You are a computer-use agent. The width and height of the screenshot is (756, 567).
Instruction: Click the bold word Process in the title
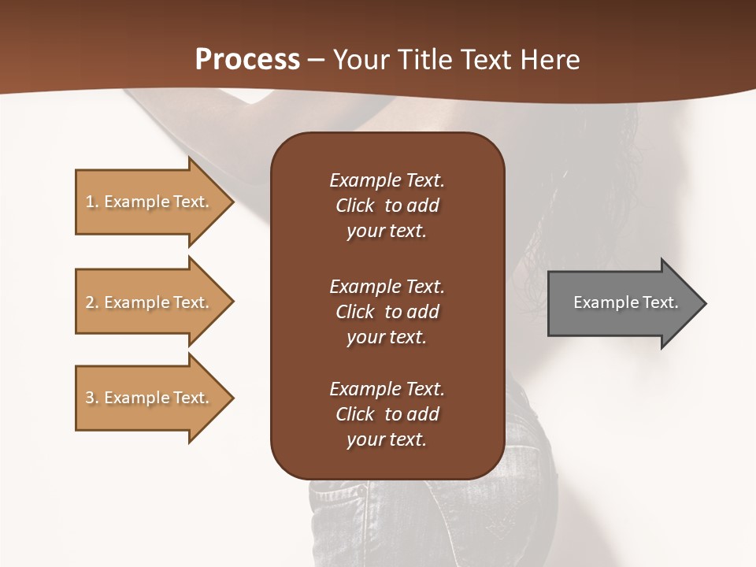coord(247,60)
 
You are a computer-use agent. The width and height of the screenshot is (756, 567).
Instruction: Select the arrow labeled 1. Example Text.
coord(150,202)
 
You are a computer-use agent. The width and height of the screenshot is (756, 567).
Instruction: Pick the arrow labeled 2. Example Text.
coord(150,302)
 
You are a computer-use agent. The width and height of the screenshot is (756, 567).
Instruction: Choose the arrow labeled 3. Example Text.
coord(150,398)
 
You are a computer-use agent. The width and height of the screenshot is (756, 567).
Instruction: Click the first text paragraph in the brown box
coord(387,206)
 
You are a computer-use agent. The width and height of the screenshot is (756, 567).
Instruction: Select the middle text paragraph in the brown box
coord(387,312)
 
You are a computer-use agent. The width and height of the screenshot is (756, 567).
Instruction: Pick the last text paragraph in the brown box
coord(387,414)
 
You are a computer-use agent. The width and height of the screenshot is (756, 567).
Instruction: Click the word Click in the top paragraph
coord(354,206)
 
